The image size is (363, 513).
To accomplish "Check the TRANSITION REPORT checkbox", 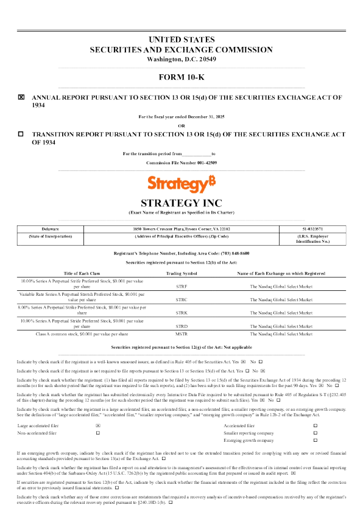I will pos(21,133).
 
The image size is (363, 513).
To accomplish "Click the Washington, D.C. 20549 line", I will pos(181,59).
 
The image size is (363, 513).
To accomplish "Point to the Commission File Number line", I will pos(181,163).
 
